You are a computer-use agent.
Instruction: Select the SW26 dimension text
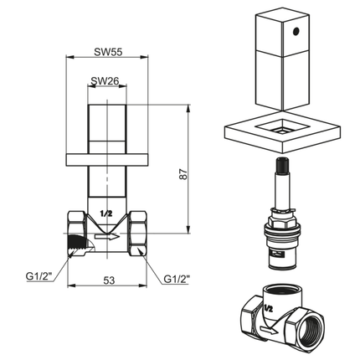pyautogui.click(x=105, y=81)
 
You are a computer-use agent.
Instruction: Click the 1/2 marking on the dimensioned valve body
pyautogui.click(x=105, y=214)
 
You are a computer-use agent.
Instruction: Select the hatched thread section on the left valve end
pyautogui.click(x=78, y=244)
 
